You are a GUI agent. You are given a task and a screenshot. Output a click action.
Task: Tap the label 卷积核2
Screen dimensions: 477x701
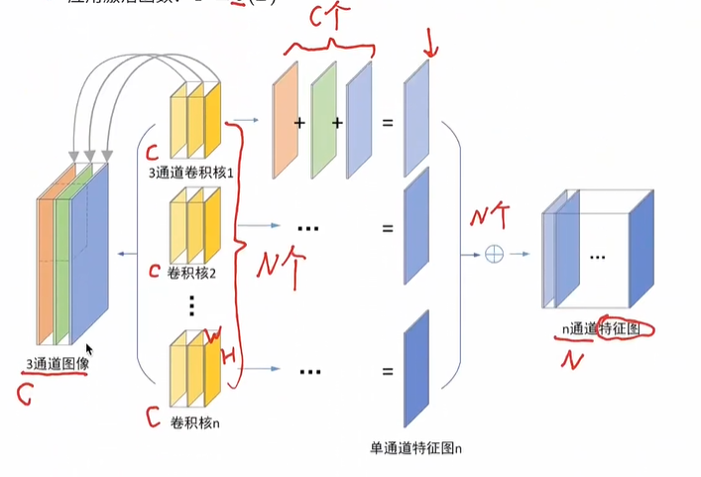[193, 271]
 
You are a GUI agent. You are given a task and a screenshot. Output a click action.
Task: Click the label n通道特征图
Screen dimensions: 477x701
[600, 328]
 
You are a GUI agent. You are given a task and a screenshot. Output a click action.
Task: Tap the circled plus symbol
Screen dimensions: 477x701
[494, 254]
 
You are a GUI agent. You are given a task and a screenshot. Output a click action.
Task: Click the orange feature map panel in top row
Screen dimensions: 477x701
[286, 120]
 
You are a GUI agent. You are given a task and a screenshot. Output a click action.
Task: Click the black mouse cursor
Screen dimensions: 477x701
[89, 350]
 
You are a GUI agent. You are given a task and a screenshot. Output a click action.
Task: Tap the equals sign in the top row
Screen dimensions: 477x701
[388, 124]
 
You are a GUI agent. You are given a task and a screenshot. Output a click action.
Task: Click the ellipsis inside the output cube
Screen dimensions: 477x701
[597, 256]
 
